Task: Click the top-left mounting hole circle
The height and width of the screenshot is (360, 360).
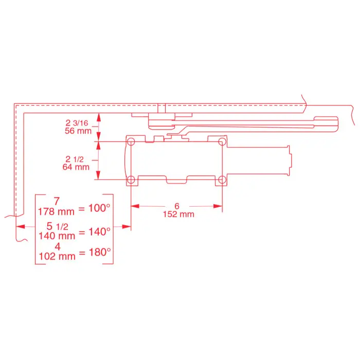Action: pyautogui.click(x=131, y=141)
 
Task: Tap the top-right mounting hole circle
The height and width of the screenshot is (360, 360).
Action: pyautogui.click(x=222, y=141)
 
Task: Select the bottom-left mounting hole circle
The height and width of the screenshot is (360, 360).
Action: pyautogui.click(x=131, y=179)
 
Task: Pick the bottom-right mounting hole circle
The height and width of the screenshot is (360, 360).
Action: pyautogui.click(x=222, y=179)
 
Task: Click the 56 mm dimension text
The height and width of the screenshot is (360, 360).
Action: pyautogui.click(x=78, y=131)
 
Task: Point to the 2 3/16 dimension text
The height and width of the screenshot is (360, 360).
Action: pyautogui.click(x=77, y=123)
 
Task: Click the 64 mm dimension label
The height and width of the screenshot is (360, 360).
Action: pyautogui.click(x=76, y=167)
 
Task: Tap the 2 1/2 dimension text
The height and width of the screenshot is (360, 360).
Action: pyautogui.click(x=75, y=159)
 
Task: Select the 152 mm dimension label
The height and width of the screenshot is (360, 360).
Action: pyautogui.click(x=178, y=214)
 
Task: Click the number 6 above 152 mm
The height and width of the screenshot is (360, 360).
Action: pyautogui.click(x=177, y=206)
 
